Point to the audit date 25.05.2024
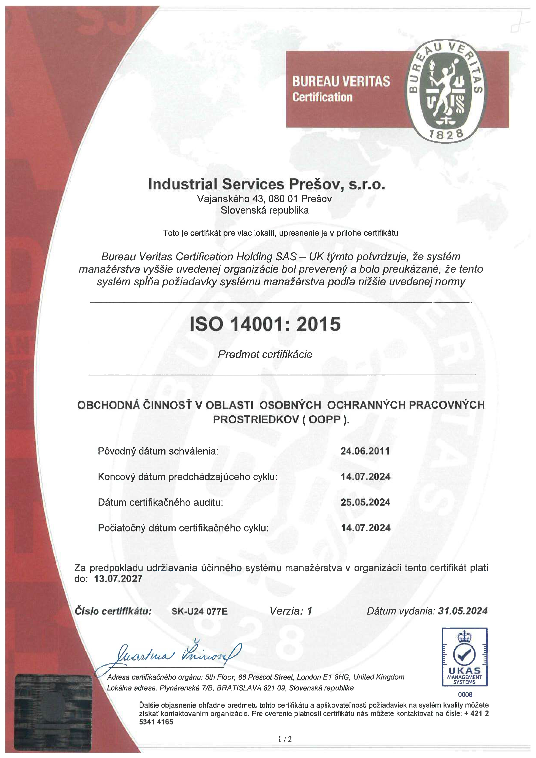(x=365, y=502)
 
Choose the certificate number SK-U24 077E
(x=199, y=611)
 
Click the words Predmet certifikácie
(x=265, y=354)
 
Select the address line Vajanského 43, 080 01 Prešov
(x=264, y=199)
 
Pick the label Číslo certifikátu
(x=113, y=611)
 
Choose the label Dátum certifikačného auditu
(x=161, y=502)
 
